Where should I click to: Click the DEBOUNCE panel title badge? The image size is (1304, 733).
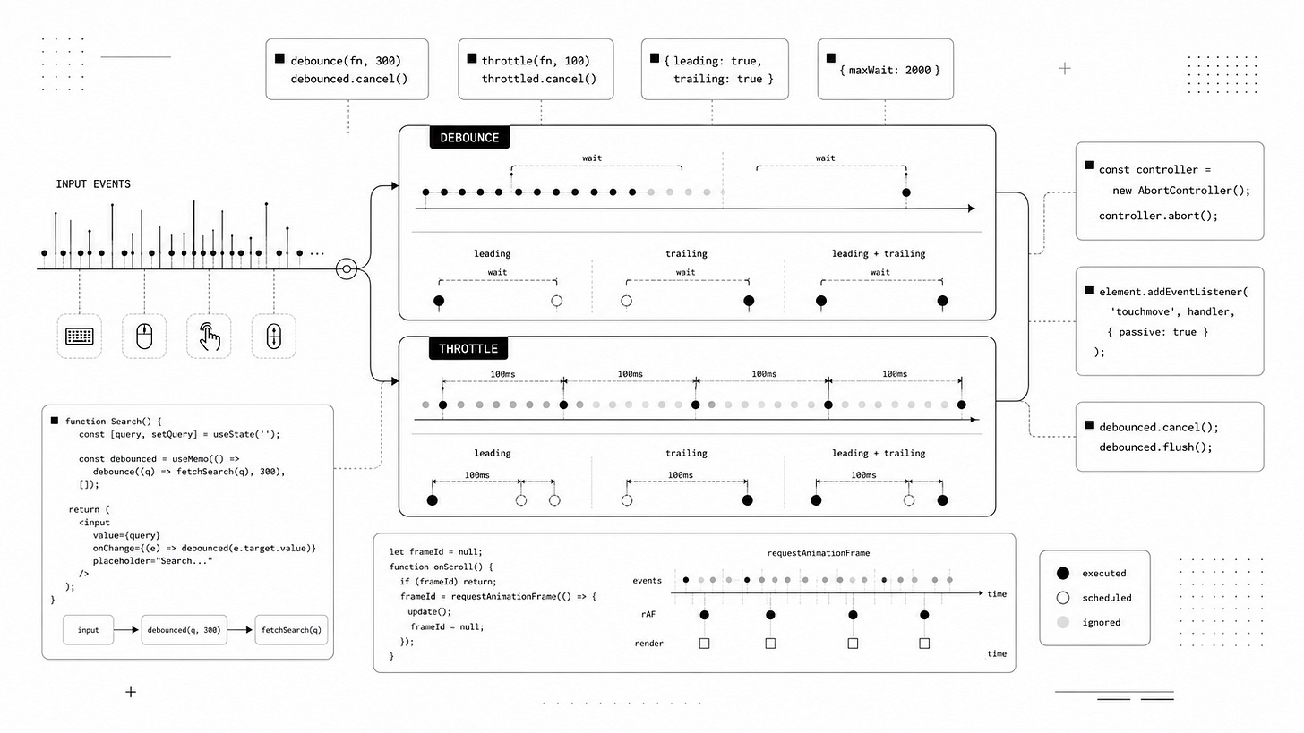point(470,138)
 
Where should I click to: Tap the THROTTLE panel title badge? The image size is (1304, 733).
point(468,348)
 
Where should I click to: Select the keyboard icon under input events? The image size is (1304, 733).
point(79,337)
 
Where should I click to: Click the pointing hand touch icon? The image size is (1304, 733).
point(210,337)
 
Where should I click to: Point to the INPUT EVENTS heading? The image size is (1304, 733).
point(93,184)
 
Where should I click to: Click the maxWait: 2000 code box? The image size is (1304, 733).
point(886,69)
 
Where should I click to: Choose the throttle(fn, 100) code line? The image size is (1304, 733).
point(536,61)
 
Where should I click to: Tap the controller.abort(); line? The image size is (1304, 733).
point(1158,216)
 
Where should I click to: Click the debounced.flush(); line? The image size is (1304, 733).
point(1155,447)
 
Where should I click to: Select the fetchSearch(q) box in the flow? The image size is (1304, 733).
point(291,630)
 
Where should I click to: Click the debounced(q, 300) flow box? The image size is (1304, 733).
point(184,630)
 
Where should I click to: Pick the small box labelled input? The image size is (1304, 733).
point(89,630)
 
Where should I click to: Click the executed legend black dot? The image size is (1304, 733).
point(1063,574)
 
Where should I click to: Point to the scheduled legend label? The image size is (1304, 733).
point(1107,598)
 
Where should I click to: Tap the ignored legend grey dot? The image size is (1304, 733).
point(1063,623)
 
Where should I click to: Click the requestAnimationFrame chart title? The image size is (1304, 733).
point(819,553)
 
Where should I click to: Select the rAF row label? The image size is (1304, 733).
point(648,614)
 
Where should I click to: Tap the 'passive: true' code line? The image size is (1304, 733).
point(1158,332)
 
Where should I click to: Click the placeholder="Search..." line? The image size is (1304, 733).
point(152,561)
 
